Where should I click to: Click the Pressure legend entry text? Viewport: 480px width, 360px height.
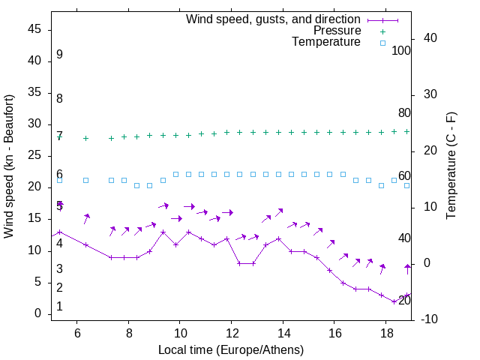[x=337, y=31]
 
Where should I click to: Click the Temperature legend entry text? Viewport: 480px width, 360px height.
[x=326, y=43]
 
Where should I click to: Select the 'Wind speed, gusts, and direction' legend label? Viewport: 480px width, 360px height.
[x=274, y=19]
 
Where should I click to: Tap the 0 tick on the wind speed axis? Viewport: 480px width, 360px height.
[x=38, y=313]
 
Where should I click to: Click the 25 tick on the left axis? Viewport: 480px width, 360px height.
[x=35, y=156]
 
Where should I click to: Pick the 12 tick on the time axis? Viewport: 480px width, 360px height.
[x=232, y=333]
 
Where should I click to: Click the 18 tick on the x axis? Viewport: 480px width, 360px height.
[x=385, y=333]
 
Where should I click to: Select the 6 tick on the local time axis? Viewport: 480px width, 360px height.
[x=77, y=333]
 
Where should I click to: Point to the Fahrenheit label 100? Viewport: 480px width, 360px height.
[x=401, y=51]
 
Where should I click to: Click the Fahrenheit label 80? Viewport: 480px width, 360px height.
[x=404, y=113]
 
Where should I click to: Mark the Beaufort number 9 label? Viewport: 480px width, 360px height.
[x=59, y=55]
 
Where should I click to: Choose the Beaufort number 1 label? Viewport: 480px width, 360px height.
[x=59, y=307]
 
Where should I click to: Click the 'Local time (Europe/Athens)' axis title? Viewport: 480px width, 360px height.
[x=231, y=349]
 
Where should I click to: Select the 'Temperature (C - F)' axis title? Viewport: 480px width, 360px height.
[x=451, y=166]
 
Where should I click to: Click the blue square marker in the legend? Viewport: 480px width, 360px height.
[x=382, y=43]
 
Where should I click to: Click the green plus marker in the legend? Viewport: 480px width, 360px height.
[x=382, y=31]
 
